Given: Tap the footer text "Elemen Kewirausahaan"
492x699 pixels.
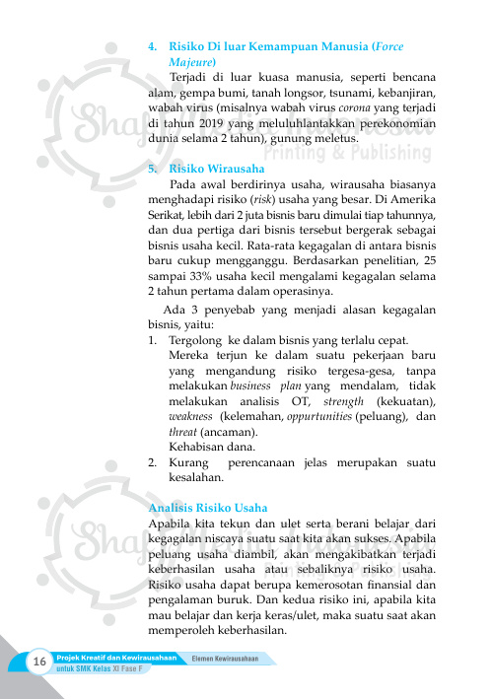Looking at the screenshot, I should click(232, 658).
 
